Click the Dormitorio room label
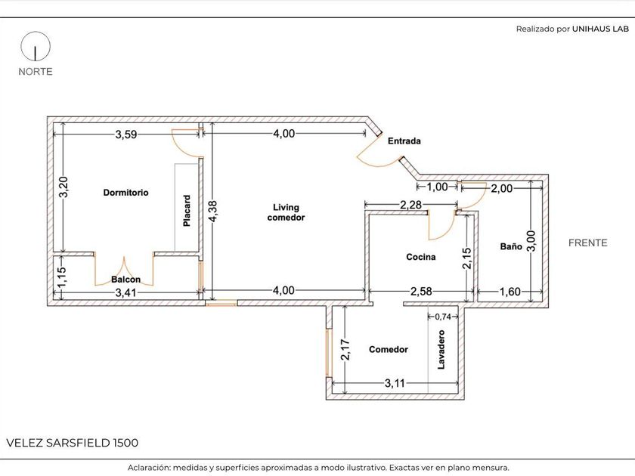click(125, 193)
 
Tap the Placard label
click(187, 211)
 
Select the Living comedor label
click(286, 212)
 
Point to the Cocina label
click(421, 257)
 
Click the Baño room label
click(511, 246)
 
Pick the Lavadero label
click(441, 350)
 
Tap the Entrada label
click(404, 141)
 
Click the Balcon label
click(126, 280)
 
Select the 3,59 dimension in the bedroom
click(126, 134)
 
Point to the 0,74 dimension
click(443, 317)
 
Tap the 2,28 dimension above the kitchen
click(411, 205)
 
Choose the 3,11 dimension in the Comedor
click(395, 383)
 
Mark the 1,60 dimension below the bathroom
click(510, 292)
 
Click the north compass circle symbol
click(36, 46)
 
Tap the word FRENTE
click(587, 243)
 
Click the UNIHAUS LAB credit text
click(600, 29)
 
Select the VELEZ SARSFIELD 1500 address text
click(73, 443)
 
